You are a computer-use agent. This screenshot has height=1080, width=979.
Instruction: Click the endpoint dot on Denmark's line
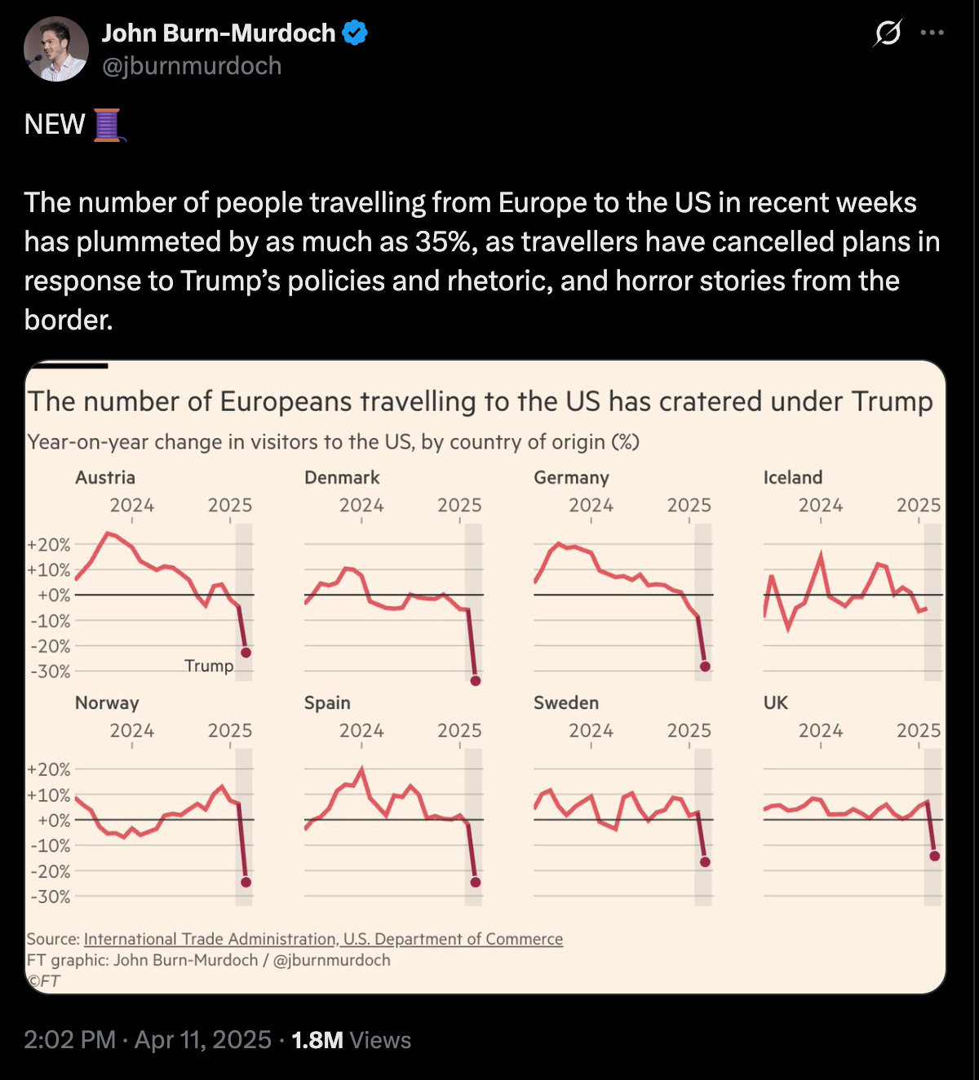point(476,680)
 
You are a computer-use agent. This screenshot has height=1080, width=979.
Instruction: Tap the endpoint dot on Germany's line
point(705,666)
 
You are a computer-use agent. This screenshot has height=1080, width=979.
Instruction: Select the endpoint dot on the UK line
point(934,856)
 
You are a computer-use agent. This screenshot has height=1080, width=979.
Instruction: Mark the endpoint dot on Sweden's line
point(705,861)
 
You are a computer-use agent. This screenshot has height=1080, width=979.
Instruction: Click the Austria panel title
point(105,477)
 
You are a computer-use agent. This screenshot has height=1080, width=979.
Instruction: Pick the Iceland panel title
point(792,477)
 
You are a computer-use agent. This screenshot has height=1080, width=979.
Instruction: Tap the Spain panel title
point(327,702)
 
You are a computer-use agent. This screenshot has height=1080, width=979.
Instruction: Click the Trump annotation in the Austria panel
point(209,666)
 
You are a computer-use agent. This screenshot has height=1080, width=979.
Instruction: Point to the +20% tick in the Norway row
point(49,769)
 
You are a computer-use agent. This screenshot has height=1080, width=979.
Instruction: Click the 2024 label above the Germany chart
point(591,505)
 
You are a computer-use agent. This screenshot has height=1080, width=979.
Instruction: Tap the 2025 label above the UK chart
point(918,730)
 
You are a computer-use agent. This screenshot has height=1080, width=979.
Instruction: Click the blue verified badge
point(354,33)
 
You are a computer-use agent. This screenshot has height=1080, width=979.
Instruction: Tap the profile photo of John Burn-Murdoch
point(55,49)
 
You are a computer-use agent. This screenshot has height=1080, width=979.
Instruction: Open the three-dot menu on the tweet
point(932,33)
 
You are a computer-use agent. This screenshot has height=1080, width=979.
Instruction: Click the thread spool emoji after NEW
point(108,125)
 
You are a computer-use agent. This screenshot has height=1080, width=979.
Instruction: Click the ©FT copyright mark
point(44,980)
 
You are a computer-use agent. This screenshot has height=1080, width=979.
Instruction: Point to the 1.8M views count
point(317,1039)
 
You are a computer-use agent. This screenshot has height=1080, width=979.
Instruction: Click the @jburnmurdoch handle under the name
point(192,66)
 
